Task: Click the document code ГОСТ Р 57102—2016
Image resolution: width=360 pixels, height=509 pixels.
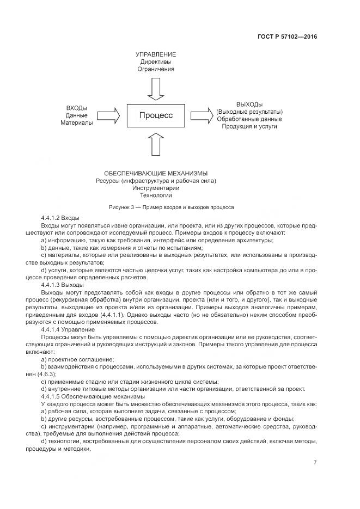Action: [x=287, y=37]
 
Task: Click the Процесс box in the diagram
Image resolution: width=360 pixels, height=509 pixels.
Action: [x=156, y=115]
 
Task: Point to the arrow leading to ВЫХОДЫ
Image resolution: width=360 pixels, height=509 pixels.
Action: [x=202, y=115]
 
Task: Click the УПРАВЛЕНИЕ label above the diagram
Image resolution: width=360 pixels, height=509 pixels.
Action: [x=156, y=55]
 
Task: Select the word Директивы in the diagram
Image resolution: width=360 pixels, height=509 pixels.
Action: [x=156, y=62]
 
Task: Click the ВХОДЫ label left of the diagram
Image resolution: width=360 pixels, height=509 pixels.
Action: [x=77, y=108]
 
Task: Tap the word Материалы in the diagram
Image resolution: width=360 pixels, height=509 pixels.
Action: [x=77, y=123]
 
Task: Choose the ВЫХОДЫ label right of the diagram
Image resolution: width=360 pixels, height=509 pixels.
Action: [x=249, y=104]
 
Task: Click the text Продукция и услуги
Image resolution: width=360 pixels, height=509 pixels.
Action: [x=249, y=126]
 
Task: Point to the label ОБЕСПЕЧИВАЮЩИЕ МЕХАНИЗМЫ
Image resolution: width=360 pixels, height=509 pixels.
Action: [x=156, y=173]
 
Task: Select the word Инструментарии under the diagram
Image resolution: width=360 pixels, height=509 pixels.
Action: [x=156, y=188]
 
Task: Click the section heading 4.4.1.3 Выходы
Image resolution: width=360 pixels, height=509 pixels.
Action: [x=62, y=285]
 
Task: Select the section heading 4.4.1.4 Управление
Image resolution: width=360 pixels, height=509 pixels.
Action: [x=68, y=329]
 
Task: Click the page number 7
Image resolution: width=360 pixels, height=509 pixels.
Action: [x=315, y=462]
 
